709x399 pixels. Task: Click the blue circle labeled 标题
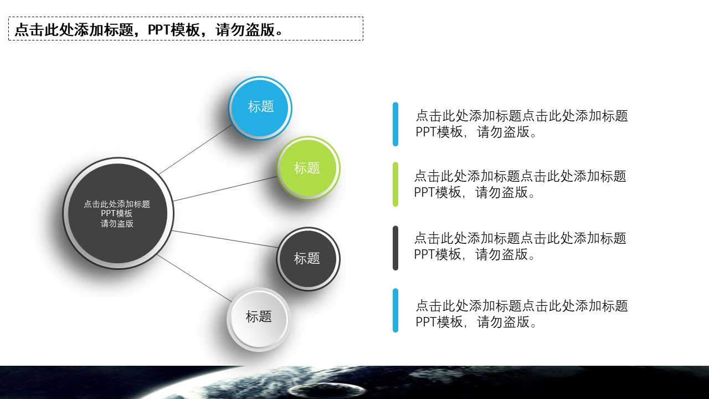tap(260, 108)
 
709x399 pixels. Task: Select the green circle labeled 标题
tap(308, 167)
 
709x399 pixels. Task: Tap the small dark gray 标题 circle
tap(308, 258)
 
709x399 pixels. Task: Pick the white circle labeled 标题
tap(259, 319)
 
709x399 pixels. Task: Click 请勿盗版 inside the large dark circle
tap(117, 224)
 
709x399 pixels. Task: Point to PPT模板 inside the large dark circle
tap(117, 214)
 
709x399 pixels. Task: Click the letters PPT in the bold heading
tap(159, 30)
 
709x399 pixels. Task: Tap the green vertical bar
tap(395, 184)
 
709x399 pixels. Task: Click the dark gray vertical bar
tap(395, 248)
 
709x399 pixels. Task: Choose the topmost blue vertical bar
tap(395, 124)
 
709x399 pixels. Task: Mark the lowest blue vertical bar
tap(395, 310)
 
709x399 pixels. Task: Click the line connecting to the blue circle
tap(196, 149)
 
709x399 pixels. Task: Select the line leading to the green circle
tap(224, 189)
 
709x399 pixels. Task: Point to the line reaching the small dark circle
tap(224, 239)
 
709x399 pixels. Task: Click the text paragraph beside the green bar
tap(520, 184)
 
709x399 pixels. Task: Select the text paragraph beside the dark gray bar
tap(520, 246)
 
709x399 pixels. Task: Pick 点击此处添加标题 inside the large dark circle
tap(117, 204)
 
